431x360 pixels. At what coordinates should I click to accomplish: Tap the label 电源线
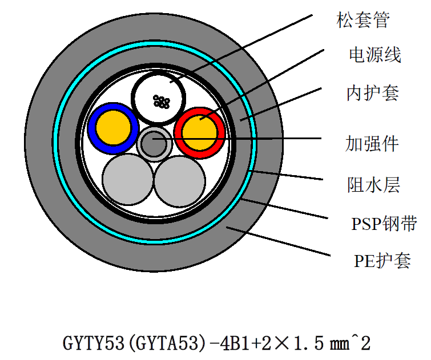[374, 55]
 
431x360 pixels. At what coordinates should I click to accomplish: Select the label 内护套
[372, 92]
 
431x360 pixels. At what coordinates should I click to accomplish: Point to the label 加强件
[372, 143]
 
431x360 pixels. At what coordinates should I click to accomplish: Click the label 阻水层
[373, 185]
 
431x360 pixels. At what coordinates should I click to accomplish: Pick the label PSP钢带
[384, 223]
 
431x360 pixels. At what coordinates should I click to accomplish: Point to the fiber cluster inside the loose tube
[162, 102]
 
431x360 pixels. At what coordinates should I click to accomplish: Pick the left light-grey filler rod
[128, 181]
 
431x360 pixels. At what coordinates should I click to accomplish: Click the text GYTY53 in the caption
[92, 343]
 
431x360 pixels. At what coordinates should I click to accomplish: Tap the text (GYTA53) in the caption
[164, 343]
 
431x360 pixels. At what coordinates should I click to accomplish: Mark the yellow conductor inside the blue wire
[113, 129]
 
